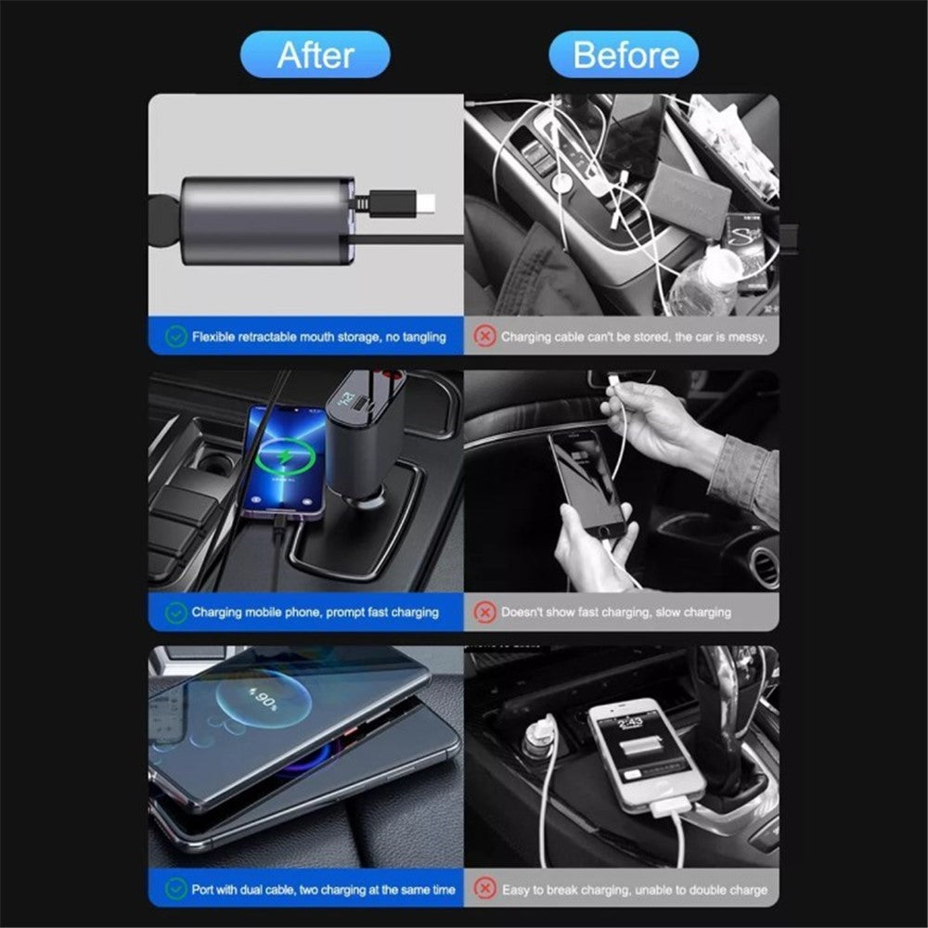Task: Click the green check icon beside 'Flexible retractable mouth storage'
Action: (x=176, y=337)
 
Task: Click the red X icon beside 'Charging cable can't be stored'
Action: (x=484, y=337)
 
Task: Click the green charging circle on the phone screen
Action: (x=284, y=457)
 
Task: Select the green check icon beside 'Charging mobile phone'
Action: (x=176, y=612)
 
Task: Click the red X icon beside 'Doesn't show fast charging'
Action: (x=484, y=612)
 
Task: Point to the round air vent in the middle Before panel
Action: (x=764, y=566)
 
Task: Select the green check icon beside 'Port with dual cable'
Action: (x=176, y=889)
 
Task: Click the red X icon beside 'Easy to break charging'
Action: (x=484, y=889)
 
